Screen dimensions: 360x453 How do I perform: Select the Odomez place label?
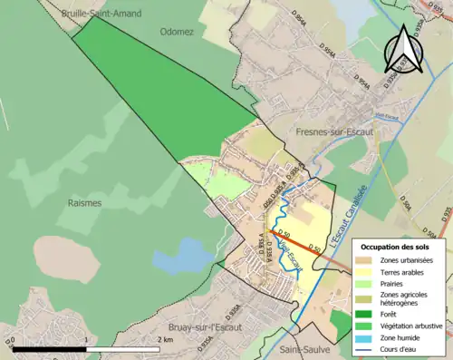point(178,31)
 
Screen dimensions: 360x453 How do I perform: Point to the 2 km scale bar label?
point(164,339)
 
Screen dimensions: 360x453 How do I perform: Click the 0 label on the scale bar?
point(14,339)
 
